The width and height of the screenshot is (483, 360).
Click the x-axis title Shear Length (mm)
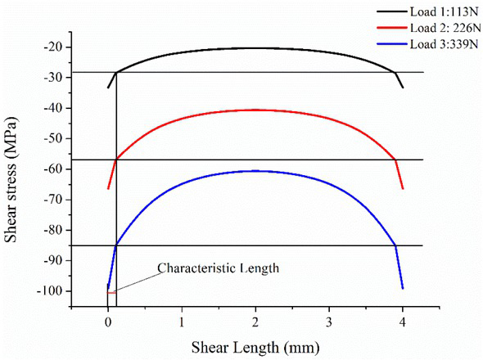pos(255,349)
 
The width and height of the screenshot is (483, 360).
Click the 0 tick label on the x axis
pos(108,322)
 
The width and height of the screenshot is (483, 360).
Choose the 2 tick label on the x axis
pos(255,322)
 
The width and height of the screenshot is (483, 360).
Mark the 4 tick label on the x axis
pos(403,322)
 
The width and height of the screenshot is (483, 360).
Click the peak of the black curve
pos(255,47)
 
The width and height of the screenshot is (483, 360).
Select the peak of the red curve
pos(255,110)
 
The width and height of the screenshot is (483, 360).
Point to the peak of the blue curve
pos(255,170)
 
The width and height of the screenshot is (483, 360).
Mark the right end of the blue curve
pos(403,288)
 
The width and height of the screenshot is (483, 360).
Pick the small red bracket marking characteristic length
pos(111,292)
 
